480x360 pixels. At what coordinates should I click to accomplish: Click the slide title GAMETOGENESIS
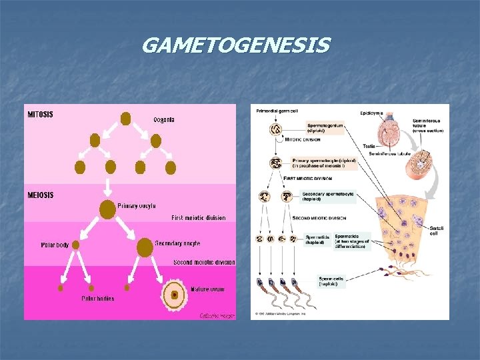click(x=235, y=46)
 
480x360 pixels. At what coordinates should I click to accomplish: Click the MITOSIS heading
click(x=41, y=114)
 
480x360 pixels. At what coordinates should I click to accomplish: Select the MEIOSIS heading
click(x=41, y=195)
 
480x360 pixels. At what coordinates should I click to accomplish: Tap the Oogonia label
click(x=164, y=120)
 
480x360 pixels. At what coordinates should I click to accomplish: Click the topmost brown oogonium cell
click(x=125, y=119)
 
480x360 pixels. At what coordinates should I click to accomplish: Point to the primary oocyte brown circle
click(x=107, y=209)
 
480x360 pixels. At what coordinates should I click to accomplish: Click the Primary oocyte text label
click(x=137, y=206)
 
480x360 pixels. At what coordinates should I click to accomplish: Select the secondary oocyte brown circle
click(x=144, y=247)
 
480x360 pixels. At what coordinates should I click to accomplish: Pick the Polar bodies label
click(x=97, y=299)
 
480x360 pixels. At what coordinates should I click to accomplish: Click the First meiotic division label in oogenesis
click(x=198, y=218)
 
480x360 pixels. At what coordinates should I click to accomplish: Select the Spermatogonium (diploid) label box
click(x=325, y=127)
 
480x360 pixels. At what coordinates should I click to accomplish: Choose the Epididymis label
click(x=371, y=113)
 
